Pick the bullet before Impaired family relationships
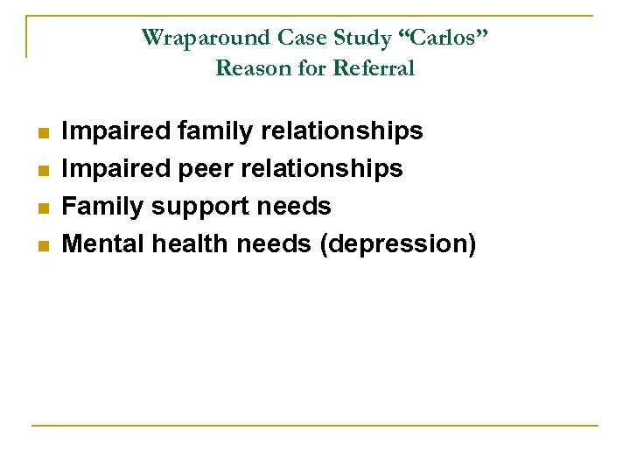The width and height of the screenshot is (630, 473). click(x=40, y=133)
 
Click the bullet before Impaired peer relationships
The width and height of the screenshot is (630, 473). click(x=40, y=170)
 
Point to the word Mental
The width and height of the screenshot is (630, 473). click(x=103, y=244)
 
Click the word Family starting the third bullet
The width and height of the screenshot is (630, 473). click(x=102, y=207)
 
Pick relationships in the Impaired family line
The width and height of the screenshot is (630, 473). click(x=347, y=131)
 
